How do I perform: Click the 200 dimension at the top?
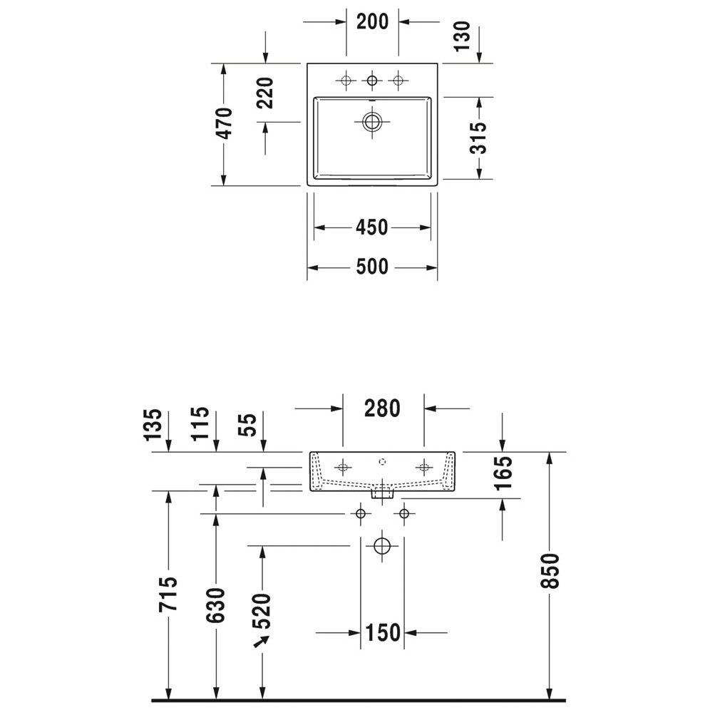372,21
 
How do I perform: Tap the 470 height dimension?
225,123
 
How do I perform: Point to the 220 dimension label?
265,93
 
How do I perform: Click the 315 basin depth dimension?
479,138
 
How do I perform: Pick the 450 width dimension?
372,227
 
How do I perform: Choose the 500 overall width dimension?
372,267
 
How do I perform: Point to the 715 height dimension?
169,594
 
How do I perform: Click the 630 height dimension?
217,604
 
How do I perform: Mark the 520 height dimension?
262,610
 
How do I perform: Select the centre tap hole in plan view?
371,81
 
